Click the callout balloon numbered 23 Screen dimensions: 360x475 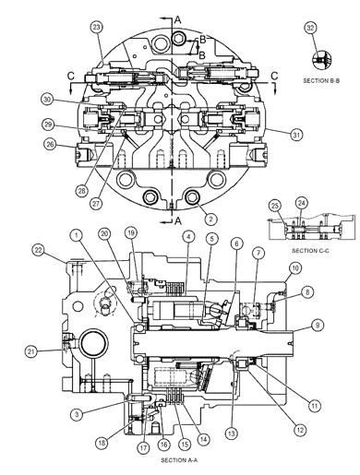(96, 27)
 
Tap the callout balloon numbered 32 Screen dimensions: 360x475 (310, 28)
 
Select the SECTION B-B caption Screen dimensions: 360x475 (321, 81)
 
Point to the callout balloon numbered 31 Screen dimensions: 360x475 (296, 135)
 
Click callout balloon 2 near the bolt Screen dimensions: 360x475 (211, 219)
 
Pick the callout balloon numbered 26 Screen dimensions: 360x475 (50, 144)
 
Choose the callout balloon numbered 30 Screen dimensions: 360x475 (47, 100)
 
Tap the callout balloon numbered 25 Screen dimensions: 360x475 (275, 206)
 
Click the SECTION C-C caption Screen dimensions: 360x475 (310, 251)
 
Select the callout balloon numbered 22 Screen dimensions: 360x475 (38, 250)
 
